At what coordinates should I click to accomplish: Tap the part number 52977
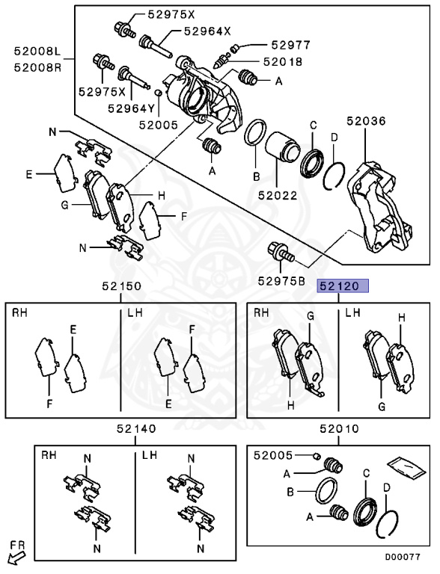click(x=291, y=45)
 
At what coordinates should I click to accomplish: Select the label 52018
click(x=283, y=62)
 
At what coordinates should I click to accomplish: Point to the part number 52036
click(x=367, y=121)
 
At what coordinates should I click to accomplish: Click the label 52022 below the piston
click(x=278, y=195)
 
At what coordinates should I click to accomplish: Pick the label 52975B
click(x=281, y=281)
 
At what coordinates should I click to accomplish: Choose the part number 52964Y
click(x=132, y=108)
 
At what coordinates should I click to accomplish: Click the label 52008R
click(x=37, y=68)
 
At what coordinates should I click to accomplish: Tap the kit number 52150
click(x=121, y=286)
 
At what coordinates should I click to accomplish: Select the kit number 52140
click(x=136, y=428)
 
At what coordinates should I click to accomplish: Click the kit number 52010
click(x=339, y=428)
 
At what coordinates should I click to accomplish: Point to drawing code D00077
click(x=403, y=557)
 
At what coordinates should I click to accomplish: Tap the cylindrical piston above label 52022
click(x=283, y=146)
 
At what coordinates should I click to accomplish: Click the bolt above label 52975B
click(x=281, y=252)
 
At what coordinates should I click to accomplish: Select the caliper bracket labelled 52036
click(x=379, y=207)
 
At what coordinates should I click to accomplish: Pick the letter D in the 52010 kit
click(x=387, y=487)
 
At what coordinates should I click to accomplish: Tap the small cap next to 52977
click(x=236, y=47)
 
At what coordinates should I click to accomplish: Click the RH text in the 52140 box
click(x=49, y=455)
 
